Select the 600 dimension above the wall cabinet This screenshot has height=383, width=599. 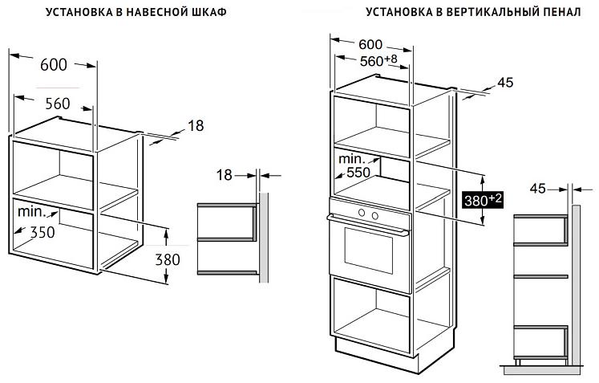(54, 65)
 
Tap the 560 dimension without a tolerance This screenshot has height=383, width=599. (58, 104)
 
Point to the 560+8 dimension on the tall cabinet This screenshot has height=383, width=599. (378, 60)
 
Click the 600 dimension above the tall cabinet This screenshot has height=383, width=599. (370, 44)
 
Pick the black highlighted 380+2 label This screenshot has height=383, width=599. (483, 199)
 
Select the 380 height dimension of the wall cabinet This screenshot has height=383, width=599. (168, 260)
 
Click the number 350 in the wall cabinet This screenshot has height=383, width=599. (42, 232)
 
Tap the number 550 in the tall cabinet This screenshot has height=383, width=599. (358, 173)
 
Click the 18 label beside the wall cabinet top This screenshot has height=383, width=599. (196, 125)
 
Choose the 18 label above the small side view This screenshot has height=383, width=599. (225, 175)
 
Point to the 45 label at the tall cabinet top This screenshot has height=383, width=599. (505, 82)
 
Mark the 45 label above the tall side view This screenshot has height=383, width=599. (538, 189)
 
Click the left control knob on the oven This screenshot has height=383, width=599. (362, 213)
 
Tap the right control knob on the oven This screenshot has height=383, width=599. (374, 216)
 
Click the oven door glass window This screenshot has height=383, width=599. (369, 251)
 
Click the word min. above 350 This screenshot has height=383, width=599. (32, 212)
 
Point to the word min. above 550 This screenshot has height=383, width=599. (352, 158)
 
